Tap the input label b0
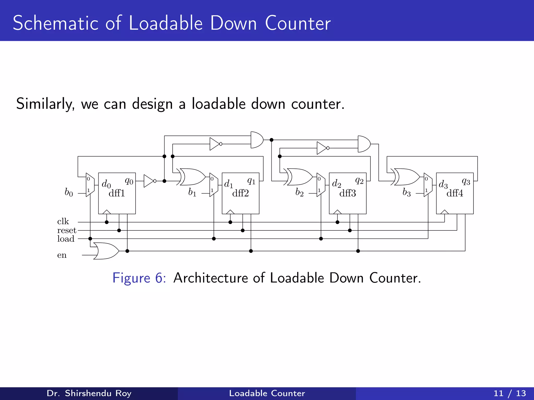(x=69, y=192)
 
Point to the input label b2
(x=299, y=192)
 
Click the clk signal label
(x=63, y=222)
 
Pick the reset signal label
(x=67, y=230)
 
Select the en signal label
(x=62, y=255)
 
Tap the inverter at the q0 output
(x=149, y=181)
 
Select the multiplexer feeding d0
(x=90, y=185)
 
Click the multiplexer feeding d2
(x=321, y=185)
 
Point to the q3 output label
(x=466, y=181)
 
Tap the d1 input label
(x=228, y=184)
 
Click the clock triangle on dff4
(x=444, y=212)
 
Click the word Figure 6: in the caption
(x=139, y=278)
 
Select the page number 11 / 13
(x=509, y=393)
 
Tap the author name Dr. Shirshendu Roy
(x=89, y=393)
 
